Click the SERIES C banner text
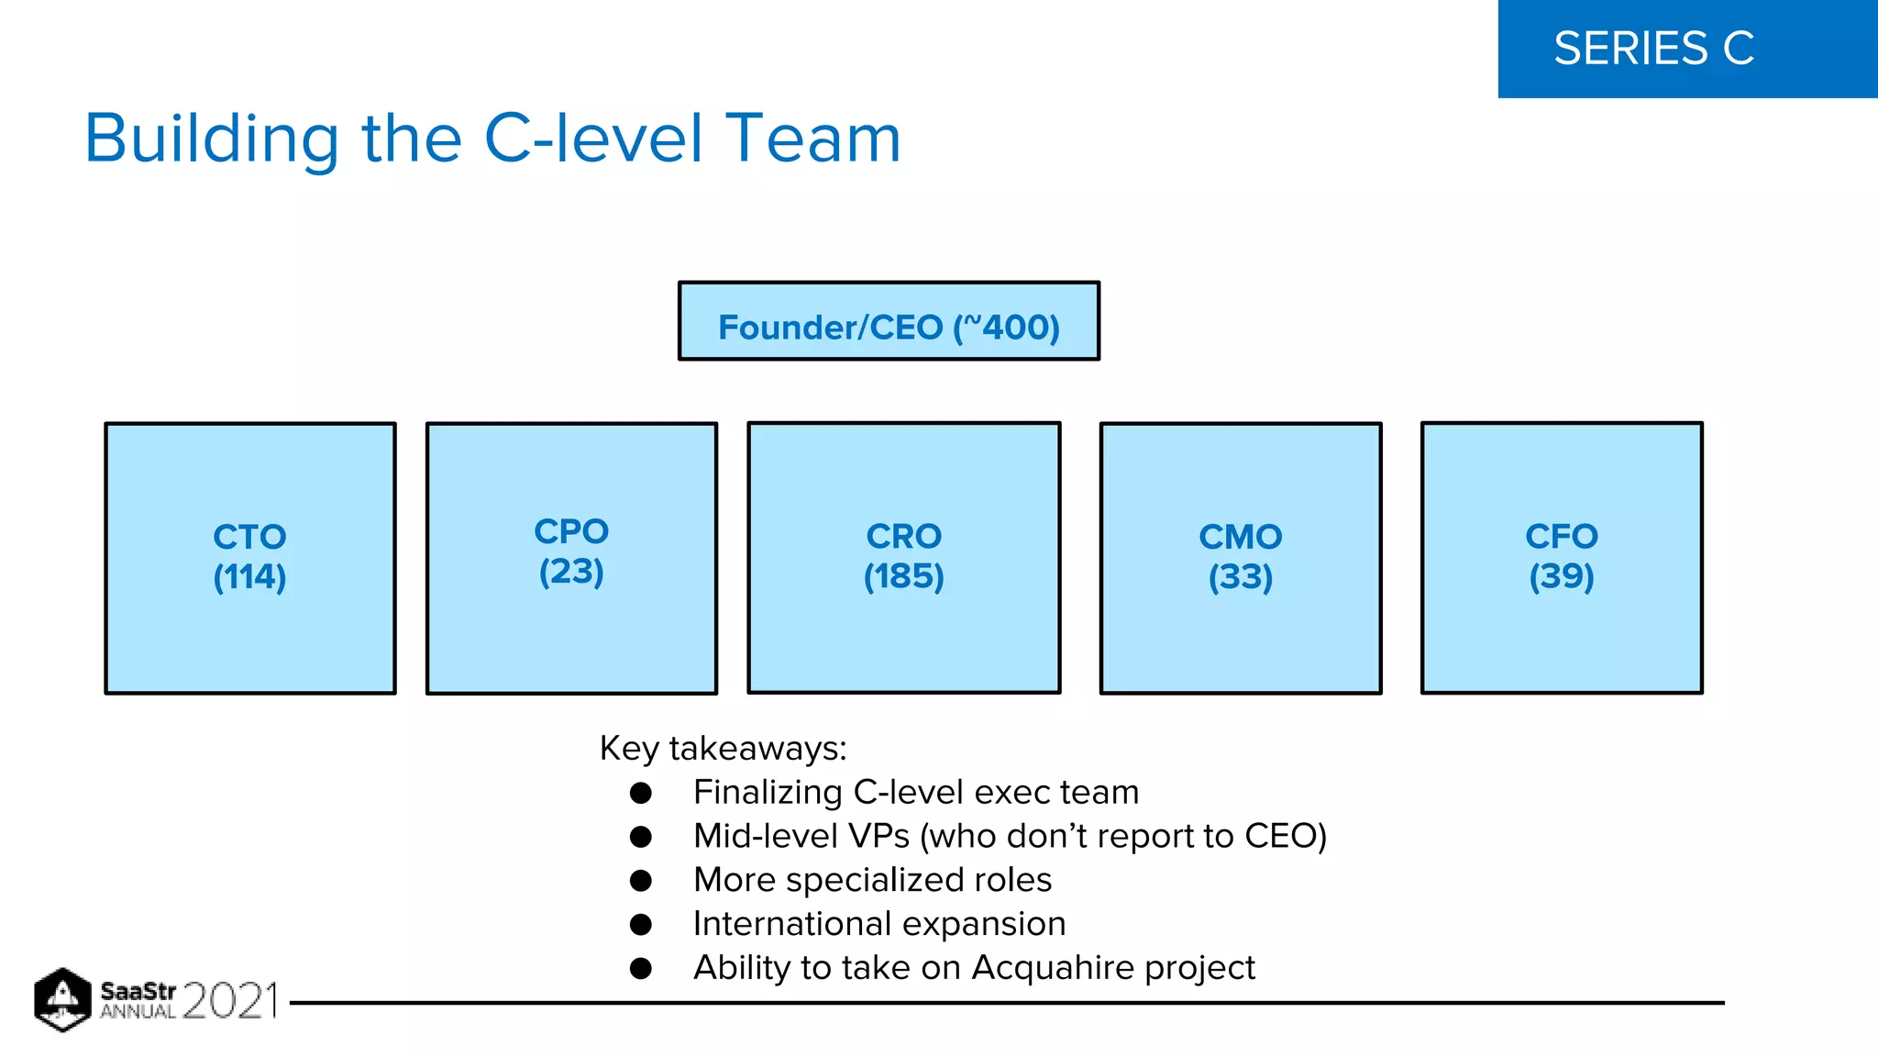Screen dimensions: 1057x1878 [x=1653, y=49]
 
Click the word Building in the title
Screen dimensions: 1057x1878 [x=212, y=139]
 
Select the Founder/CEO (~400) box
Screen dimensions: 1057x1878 [x=889, y=322]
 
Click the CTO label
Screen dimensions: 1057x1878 [x=249, y=537]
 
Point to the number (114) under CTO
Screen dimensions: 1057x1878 [x=249, y=577]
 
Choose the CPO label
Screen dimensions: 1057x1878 [x=571, y=531]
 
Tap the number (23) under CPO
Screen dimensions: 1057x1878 [x=571, y=572]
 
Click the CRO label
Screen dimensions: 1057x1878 [x=904, y=536]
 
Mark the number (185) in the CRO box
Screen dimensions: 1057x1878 [x=904, y=576]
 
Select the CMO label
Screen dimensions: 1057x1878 [x=1240, y=537]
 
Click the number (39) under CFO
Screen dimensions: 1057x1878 [x=1562, y=576]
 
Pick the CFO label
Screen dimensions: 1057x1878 [x=1562, y=536]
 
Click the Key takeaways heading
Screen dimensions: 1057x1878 [x=723, y=749]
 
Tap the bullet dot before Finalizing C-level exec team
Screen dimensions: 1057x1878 [x=641, y=793]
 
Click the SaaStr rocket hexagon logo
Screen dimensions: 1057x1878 [x=62, y=999]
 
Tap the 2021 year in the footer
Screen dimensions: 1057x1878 [x=230, y=1001]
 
